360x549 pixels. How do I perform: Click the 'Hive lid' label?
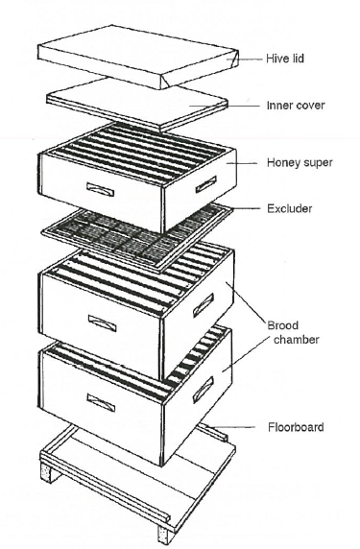point(285,59)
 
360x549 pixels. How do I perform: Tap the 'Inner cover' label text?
point(296,105)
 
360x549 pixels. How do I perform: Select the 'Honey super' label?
point(300,162)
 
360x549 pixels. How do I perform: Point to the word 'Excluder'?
point(289,208)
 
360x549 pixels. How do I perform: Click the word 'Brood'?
point(282,325)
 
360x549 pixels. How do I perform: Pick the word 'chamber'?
point(296,339)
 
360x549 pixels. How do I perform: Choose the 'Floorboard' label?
point(296,427)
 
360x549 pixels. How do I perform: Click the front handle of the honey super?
point(100,189)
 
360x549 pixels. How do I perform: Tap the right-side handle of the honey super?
point(205,184)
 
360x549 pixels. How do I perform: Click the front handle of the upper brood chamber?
point(102,322)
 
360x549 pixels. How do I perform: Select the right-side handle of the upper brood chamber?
point(204,305)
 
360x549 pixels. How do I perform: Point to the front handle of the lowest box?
point(101,402)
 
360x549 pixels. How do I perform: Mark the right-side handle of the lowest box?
point(204,390)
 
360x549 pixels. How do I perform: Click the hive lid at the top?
point(138,57)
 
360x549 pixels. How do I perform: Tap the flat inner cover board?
point(137,104)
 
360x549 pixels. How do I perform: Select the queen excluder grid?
point(137,239)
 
